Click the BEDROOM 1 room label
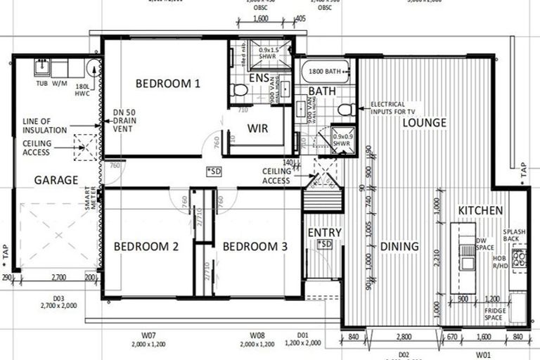(x=168, y=84)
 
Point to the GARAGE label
(x=56, y=180)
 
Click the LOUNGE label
(x=424, y=123)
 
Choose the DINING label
(x=399, y=246)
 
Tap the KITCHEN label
(x=480, y=211)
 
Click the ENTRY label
(x=324, y=233)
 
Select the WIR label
(x=258, y=128)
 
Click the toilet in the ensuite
(x=239, y=90)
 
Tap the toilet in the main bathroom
(x=345, y=110)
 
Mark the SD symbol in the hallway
(x=214, y=172)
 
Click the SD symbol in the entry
(x=324, y=244)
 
